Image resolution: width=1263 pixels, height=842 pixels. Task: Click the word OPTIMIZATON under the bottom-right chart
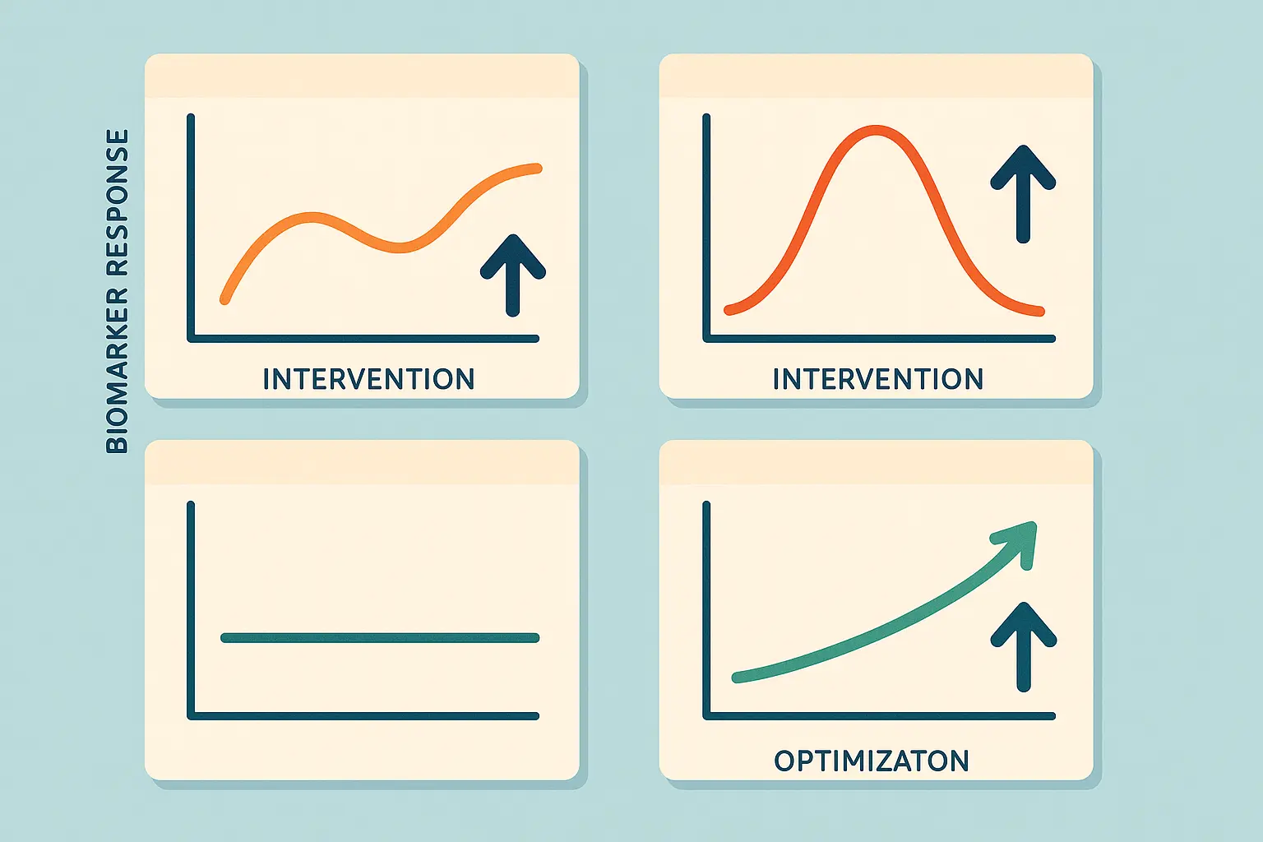872,761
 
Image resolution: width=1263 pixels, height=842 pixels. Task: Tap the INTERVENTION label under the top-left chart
368,379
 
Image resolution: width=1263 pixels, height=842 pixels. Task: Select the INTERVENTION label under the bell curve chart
877,379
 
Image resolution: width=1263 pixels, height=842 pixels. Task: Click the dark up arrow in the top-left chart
513,275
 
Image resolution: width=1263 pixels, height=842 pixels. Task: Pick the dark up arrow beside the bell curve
1023,193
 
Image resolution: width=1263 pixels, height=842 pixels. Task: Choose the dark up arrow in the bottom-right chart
1023,645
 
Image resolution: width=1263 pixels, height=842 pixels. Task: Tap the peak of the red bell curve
875,130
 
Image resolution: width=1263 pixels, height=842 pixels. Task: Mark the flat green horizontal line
380,637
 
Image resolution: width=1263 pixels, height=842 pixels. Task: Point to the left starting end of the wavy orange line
224,300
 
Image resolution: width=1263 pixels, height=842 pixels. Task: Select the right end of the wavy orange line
538,169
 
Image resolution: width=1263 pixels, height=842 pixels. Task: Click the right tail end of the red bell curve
1040,312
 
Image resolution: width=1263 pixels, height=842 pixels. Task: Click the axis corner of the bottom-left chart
192,715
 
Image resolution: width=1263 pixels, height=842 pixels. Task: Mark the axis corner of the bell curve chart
706,338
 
